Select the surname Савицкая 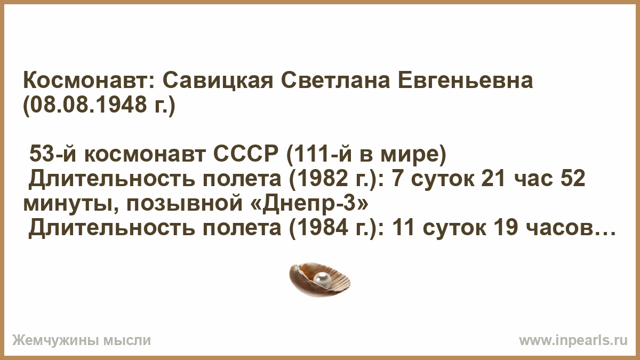(218, 81)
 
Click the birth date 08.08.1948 (85, 105)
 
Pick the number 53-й (53, 154)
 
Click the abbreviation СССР (246, 154)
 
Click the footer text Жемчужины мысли (82, 341)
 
